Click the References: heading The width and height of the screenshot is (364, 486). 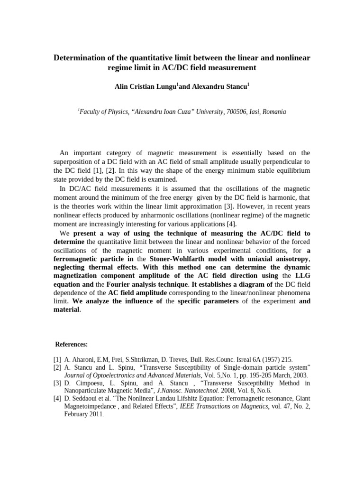72,344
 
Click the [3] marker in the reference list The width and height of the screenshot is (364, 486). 57,383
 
